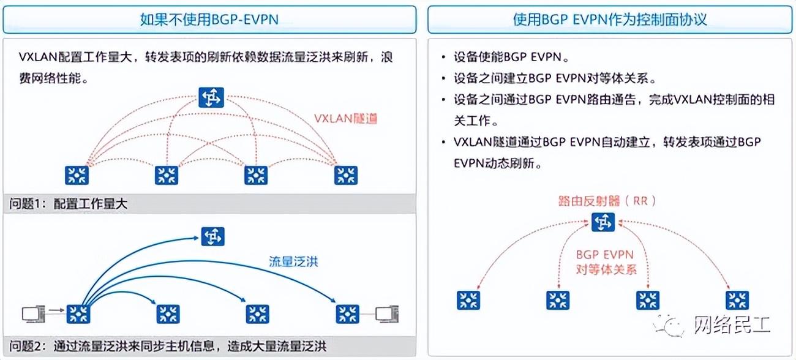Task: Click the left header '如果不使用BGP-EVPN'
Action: point(209,20)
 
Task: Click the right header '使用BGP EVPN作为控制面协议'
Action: point(610,20)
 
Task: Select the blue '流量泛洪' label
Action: point(294,262)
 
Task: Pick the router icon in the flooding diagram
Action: point(212,236)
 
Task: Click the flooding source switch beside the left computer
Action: point(78,314)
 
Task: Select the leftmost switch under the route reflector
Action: point(468,300)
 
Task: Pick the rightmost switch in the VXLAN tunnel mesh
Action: point(346,176)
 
